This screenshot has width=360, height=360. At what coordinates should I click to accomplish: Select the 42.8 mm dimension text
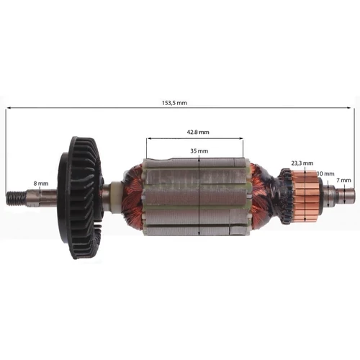(x=194, y=132)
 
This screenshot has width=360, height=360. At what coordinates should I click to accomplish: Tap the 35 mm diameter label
(x=199, y=150)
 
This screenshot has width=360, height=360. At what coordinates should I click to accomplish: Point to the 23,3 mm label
(x=300, y=163)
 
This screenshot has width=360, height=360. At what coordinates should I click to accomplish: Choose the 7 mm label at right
(x=345, y=179)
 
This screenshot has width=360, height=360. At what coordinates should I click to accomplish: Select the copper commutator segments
(x=307, y=191)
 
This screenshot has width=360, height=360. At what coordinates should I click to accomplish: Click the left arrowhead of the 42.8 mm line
(x=148, y=139)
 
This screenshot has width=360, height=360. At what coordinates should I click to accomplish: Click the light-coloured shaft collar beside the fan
(x=113, y=193)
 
